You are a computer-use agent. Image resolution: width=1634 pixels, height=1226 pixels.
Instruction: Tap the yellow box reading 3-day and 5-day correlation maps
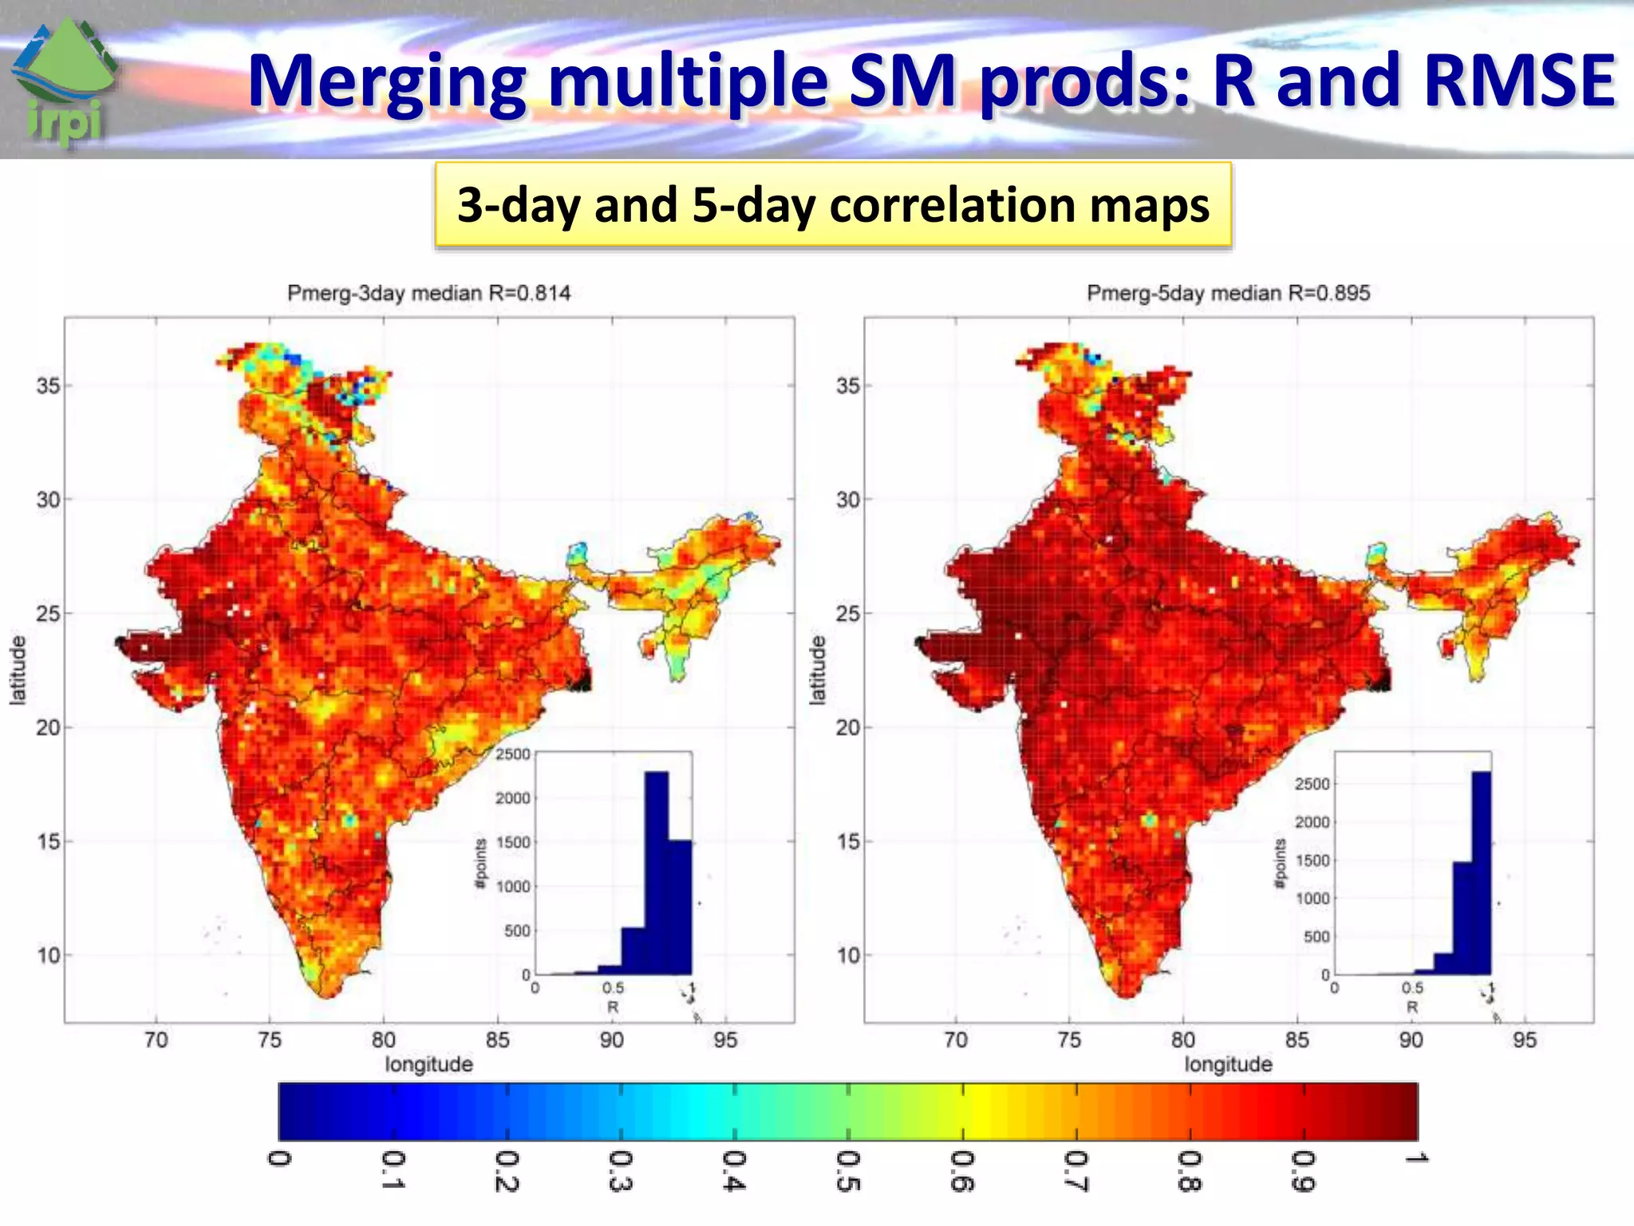click(833, 205)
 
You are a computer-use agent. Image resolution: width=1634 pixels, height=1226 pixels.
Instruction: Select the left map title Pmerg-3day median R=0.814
click(428, 293)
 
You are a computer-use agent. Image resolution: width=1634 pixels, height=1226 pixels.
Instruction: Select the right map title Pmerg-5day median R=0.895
click(1228, 293)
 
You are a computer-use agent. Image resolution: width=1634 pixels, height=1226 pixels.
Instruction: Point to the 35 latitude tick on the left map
click(48, 386)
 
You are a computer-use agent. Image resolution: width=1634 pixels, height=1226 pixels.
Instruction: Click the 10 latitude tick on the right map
click(848, 955)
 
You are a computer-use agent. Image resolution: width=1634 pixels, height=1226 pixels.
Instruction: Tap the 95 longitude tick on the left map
click(725, 1040)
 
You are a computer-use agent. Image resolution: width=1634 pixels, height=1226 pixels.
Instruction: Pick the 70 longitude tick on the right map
click(955, 1040)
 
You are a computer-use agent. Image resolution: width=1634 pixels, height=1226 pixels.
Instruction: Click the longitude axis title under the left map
click(428, 1064)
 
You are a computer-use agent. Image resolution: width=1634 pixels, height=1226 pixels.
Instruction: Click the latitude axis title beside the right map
click(817, 670)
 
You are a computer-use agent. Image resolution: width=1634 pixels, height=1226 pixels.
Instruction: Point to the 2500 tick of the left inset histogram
click(513, 754)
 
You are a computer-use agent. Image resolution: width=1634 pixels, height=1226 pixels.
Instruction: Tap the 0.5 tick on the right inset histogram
click(1412, 988)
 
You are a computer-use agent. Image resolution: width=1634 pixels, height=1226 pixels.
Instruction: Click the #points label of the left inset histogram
click(480, 864)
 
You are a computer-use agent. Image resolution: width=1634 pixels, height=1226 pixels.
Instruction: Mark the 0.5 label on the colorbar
click(847, 1171)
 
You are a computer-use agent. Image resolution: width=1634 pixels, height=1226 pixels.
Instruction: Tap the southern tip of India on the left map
click(327, 995)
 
